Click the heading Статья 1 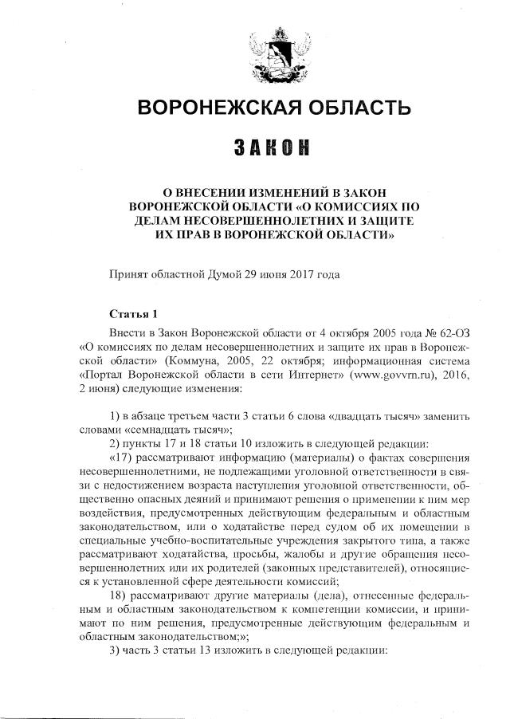point(133,313)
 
